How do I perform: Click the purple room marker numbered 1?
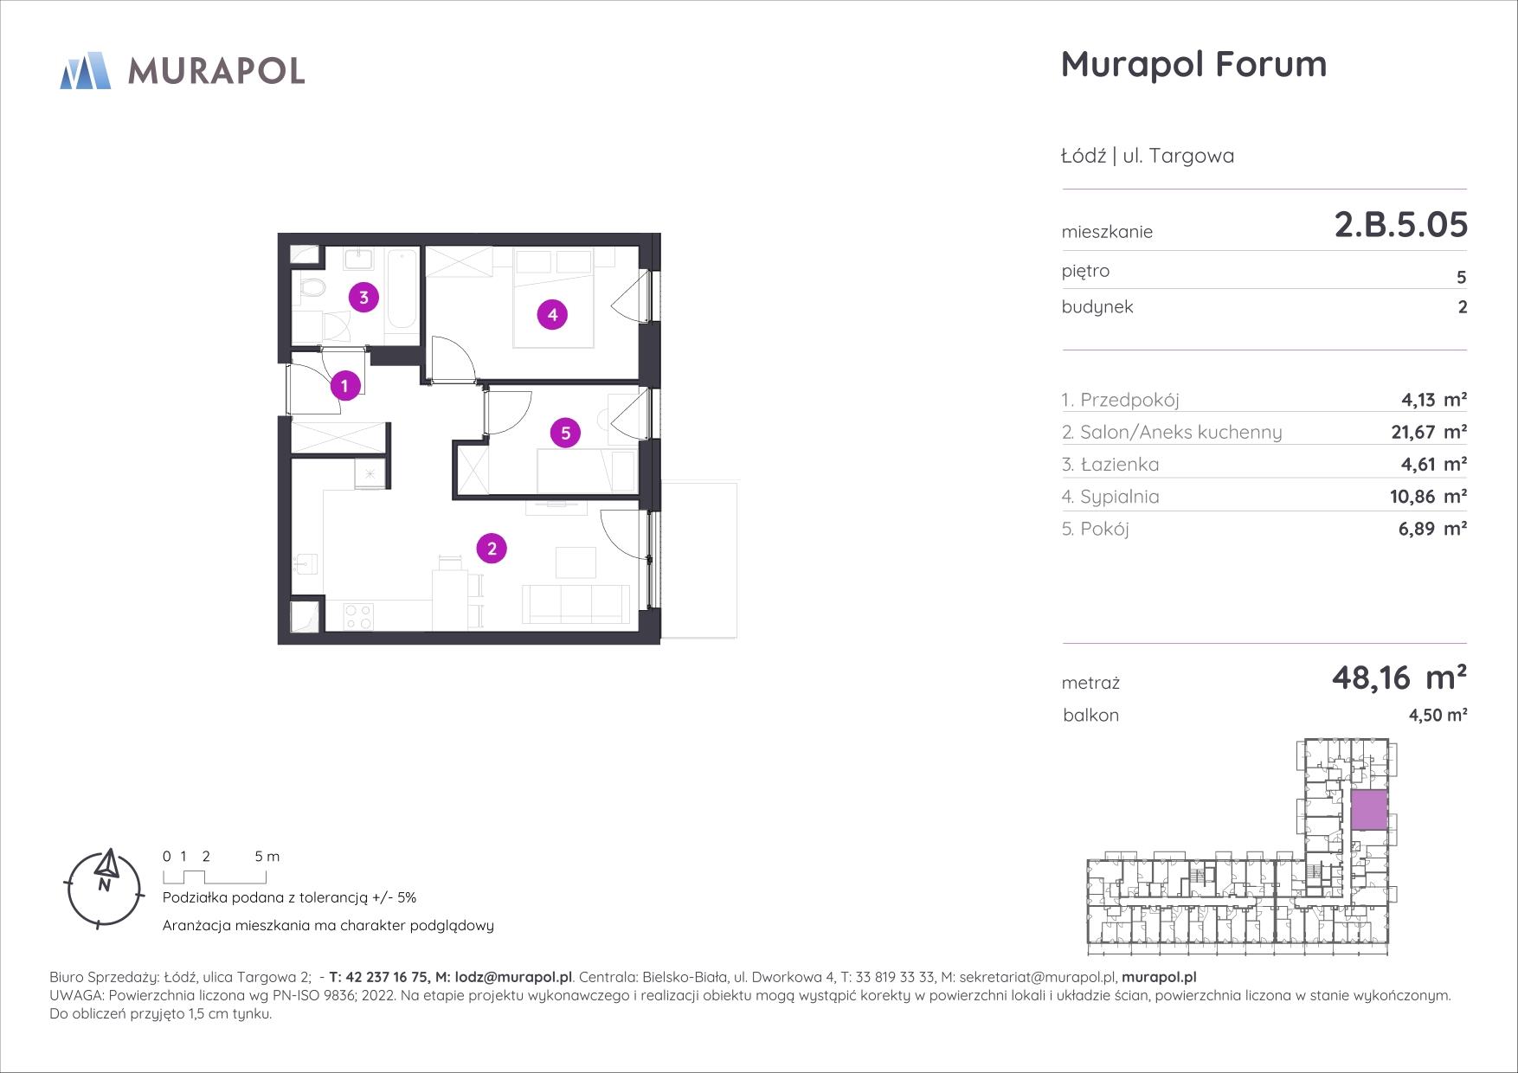coord(345,385)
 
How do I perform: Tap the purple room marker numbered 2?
coord(492,548)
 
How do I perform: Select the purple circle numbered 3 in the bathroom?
coord(363,298)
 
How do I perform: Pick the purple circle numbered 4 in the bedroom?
coord(552,314)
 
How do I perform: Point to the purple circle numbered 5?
coord(565,432)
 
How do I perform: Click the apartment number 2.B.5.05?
coord(1400,225)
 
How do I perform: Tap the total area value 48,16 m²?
coord(1399,678)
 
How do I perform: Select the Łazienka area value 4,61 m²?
coord(1433,465)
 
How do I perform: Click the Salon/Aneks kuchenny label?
coord(1172,432)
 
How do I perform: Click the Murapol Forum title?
coord(1193,64)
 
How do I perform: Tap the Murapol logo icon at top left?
coord(85,70)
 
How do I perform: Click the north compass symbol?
coord(104,887)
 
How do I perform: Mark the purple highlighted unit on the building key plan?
coord(1369,811)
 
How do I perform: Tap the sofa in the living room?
coord(576,603)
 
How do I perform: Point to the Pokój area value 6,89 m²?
coord(1432,529)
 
